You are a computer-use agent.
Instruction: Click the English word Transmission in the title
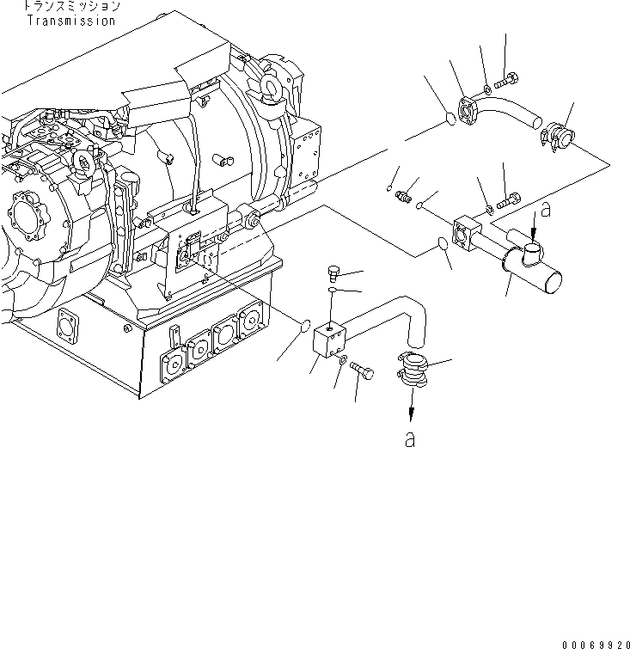70,21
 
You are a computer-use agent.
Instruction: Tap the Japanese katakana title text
70,7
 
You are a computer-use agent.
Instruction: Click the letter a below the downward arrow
410,439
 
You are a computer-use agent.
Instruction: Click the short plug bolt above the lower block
335,274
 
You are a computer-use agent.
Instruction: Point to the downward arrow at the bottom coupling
413,402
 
